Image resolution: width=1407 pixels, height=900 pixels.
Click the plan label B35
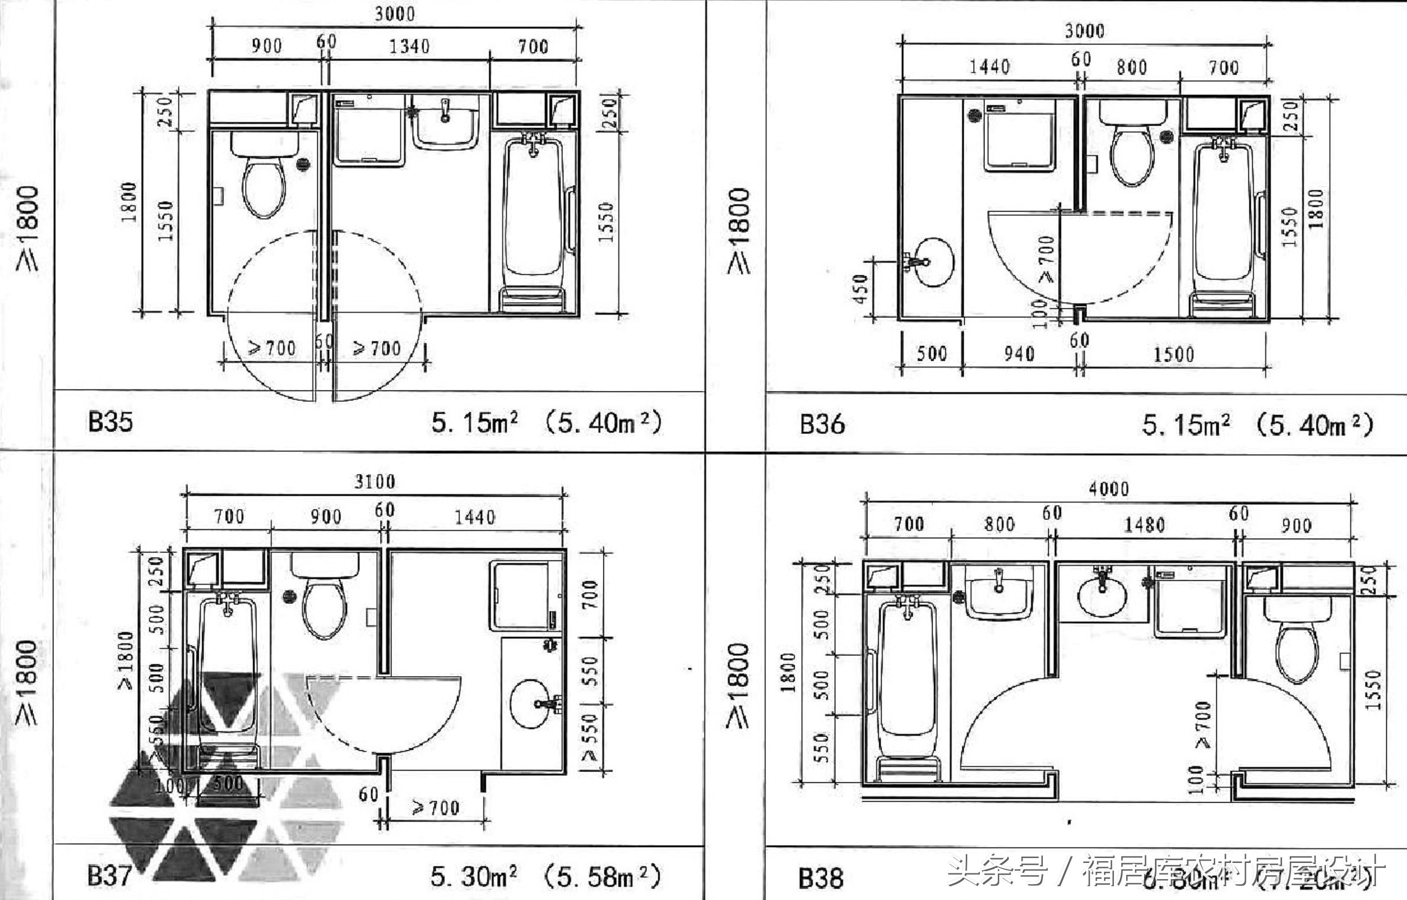110,422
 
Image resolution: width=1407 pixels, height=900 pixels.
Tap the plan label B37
109,876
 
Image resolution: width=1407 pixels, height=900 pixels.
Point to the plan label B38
821,879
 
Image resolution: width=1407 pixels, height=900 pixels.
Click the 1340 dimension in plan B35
409,47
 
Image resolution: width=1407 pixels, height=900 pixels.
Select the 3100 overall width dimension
374,482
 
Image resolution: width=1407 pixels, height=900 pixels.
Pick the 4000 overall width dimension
1108,489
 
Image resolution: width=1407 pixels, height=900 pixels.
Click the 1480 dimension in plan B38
1144,525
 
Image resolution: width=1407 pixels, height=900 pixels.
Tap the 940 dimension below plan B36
1019,353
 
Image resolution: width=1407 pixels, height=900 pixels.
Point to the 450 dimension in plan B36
861,289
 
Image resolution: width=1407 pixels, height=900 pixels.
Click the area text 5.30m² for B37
474,876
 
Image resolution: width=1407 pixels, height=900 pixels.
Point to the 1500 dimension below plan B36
1173,354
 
